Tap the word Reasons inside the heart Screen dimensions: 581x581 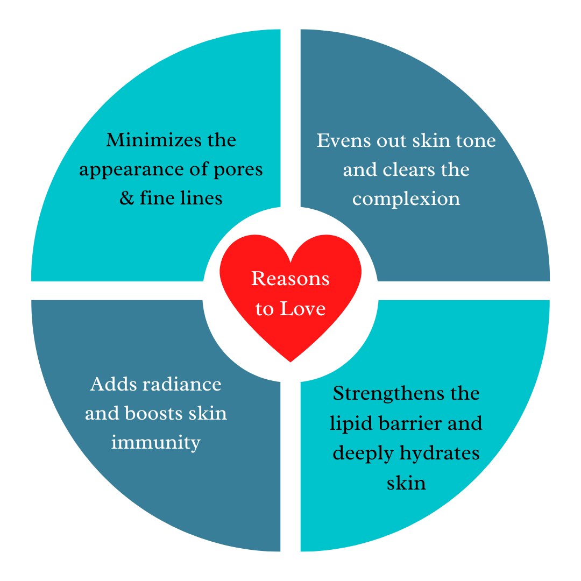tap(290, 279)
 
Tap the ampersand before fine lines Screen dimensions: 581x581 tap(126, 199)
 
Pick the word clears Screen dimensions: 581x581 tap(408, 169)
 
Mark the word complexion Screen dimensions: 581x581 tap(406, 199)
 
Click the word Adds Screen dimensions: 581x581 tap(110, 384)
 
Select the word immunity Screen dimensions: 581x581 tap(156, 443)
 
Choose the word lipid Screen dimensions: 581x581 tap(348, 423)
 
